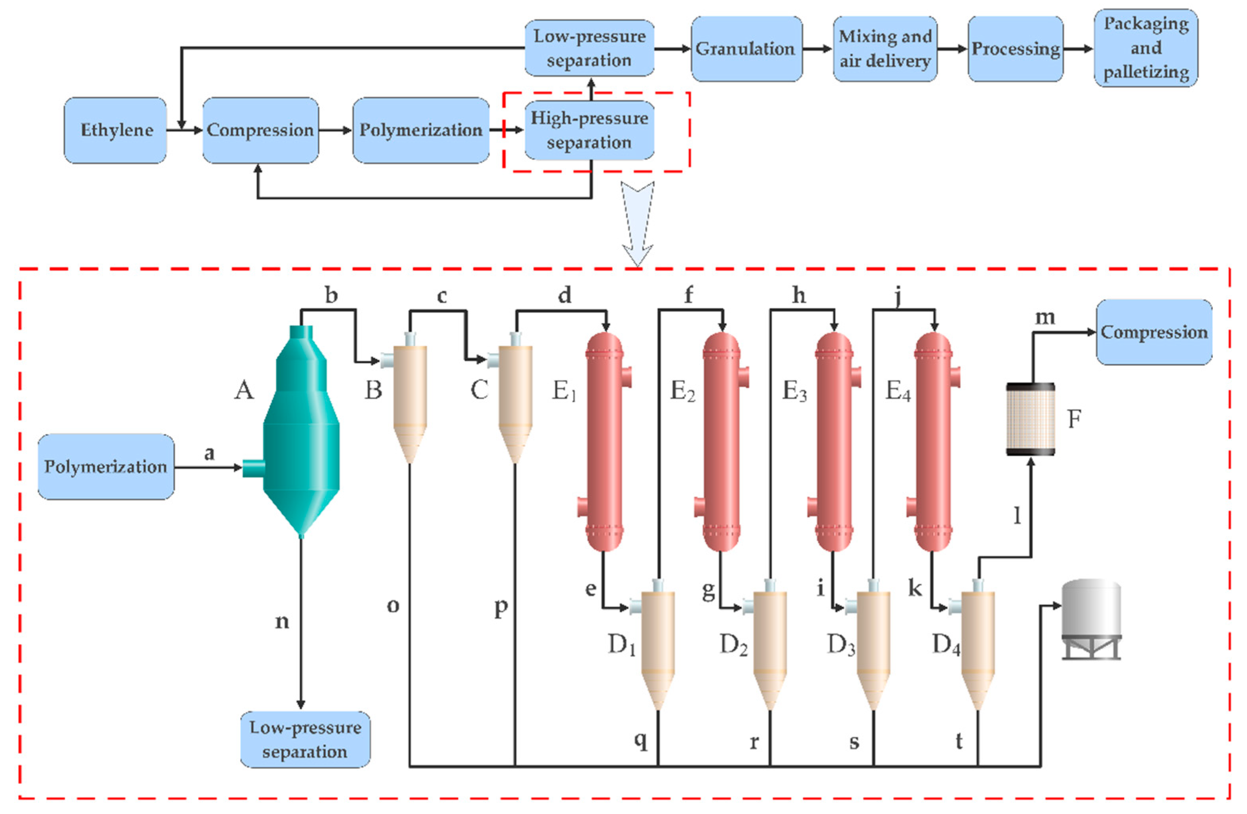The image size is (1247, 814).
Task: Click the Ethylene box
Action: point(115,130)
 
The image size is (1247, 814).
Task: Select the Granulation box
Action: point(746,49)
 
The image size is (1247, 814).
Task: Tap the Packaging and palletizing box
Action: point(1145,48)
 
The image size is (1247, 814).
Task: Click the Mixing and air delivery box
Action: point(885,49)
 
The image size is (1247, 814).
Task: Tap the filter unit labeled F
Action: point(1030,419)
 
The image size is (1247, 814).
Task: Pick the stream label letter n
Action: point(282,622)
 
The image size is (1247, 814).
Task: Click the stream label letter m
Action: point(1045,317)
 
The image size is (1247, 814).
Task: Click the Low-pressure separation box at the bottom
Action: point(305,739)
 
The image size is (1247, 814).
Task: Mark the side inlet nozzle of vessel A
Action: point(253,468)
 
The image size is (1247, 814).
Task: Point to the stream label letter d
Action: point(564,295)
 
